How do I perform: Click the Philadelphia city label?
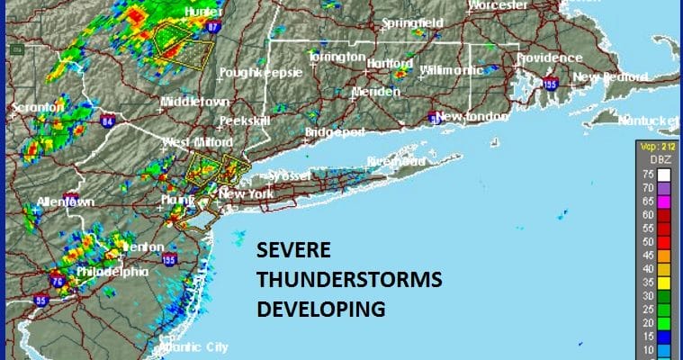click(x=113, y=271)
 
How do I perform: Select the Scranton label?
click(x=38, y=107)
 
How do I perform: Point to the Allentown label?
click(x=65, y=202)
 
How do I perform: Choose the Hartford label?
click(x=389, y=63)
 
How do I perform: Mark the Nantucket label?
click(x=648, y=120)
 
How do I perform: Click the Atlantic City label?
click(x=193, y=346)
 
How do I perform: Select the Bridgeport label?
click(x=334, y=131)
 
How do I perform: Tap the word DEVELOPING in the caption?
click(x=321, y=309)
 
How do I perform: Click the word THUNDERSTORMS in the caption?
click(x=349, y=280)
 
